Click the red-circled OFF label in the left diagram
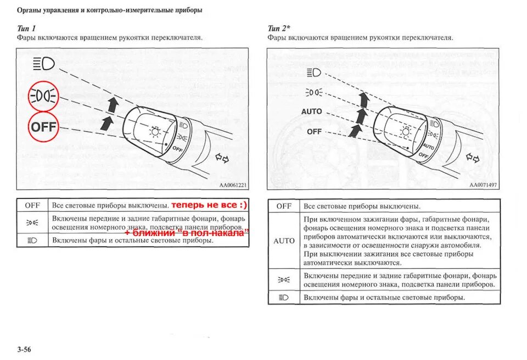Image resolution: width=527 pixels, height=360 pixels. (x=43, y=127)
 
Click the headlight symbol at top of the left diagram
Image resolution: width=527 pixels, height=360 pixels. (x=44, y=64)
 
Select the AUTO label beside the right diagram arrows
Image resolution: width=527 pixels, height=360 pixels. (x=312, y=111)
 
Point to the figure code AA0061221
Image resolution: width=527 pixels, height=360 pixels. (x=233, y=185)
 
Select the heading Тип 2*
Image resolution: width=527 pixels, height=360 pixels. (x=279, y=29)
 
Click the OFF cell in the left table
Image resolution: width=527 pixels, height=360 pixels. (x=32, y=205)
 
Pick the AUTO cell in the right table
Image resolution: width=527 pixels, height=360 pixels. (x=284, y=241)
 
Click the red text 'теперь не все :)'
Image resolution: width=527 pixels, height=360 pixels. (x=209, y=205)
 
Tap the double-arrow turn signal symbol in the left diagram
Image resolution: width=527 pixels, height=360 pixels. (x=221, y=159)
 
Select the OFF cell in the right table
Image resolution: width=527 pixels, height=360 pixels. (x=284, y=206)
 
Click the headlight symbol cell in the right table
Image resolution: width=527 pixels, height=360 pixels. (x=284, y=297)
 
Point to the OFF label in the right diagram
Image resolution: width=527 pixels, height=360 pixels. (x=315, y=132)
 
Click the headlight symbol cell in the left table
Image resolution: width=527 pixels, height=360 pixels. (x=32, y=240)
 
